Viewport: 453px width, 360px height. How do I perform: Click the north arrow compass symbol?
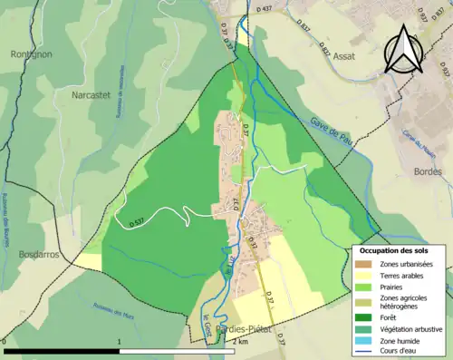pos(402,48)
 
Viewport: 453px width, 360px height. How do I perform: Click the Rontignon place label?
pos(32,53)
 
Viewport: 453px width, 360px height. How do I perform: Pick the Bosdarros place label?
pos(39,255)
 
